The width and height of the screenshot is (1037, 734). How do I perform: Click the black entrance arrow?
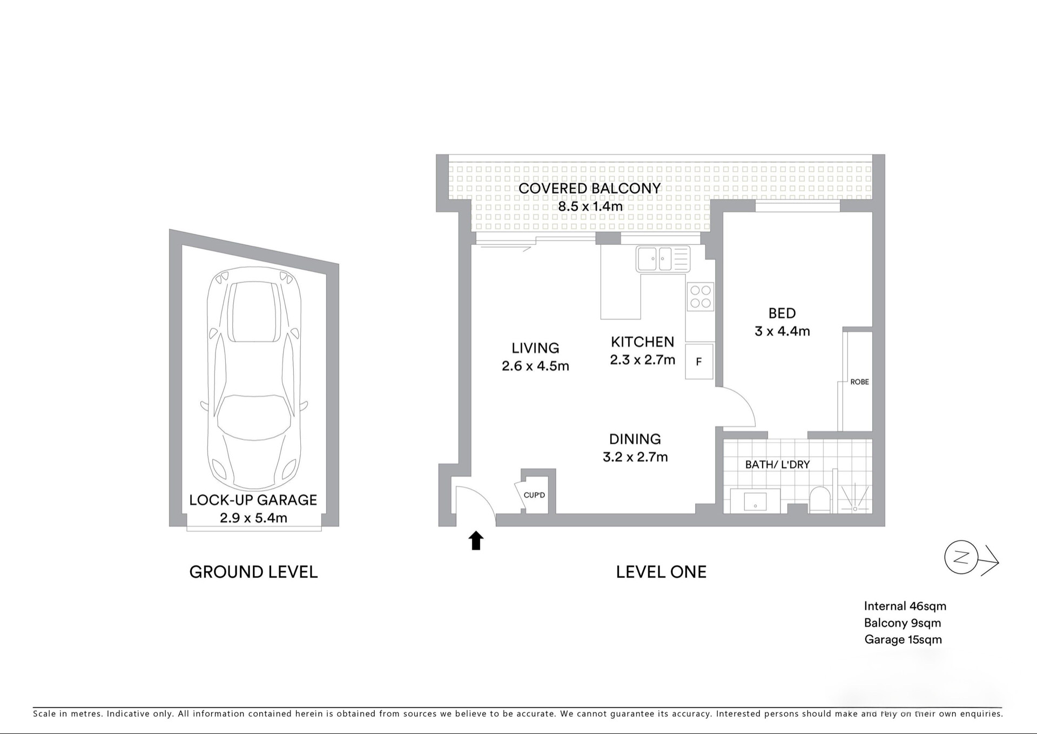click(x=476, y=541)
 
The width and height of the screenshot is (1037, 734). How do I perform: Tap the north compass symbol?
click(x=971, y=558)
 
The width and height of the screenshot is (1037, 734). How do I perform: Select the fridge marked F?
click(x=699, y=361)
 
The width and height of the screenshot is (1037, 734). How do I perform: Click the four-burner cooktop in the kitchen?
click(x=701, y=297)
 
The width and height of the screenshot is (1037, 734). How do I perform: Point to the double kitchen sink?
click(x=663, y=259)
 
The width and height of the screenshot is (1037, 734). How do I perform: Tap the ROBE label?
click(x=859, y=382)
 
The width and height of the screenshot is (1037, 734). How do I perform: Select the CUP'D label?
click(x=534, y=495)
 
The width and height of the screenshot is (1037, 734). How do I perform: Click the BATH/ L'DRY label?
click(x=777, y=464)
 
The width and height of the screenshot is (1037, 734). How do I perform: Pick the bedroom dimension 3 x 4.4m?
click(x=782, y=331)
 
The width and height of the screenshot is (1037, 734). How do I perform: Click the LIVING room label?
click(x=535, y=348)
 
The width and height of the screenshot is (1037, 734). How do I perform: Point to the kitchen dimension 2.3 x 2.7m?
click(x=643, y=360)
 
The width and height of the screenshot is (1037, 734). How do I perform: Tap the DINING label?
click(x=635, y=439)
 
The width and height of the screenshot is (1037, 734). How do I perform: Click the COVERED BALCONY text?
click(x=590, y=189)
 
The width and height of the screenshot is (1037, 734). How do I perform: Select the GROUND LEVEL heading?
click(x=253, y=572)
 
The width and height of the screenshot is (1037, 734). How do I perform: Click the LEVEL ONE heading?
click(x=661, y=572)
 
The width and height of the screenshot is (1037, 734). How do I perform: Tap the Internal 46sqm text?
click(x=905, y=606)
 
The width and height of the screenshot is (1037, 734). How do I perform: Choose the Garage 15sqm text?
click(x=903, y=640)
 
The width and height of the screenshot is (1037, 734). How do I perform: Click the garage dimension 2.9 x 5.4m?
click(x=253, y=518)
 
